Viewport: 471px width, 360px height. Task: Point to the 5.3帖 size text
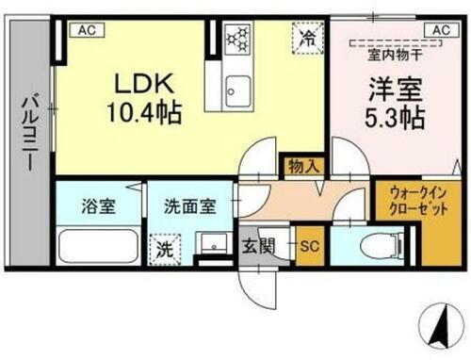tap(394, 119)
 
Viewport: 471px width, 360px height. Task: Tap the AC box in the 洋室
tap(440, 30)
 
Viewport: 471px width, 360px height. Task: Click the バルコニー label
tap(30, 131)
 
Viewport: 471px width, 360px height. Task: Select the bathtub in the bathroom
tap(97, 247)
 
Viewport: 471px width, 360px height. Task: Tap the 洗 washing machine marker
tap(163, 251)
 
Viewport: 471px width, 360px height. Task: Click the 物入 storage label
tap(303, 167)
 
